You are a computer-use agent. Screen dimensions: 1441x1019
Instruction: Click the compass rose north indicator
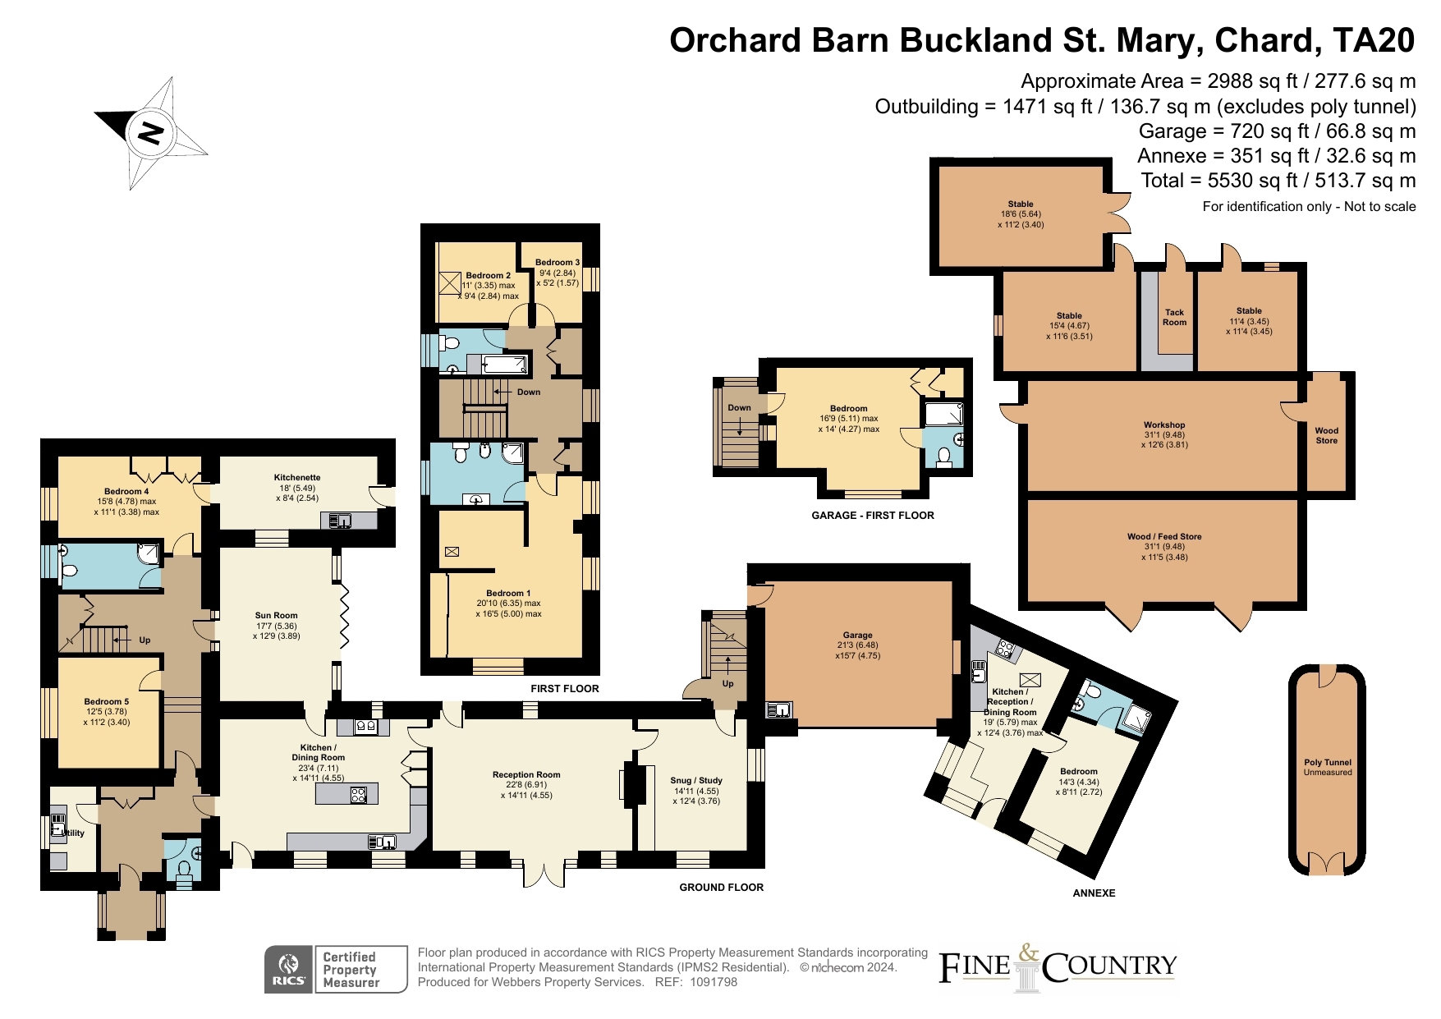(150, 132)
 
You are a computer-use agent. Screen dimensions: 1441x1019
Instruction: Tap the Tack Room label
(1174, 317)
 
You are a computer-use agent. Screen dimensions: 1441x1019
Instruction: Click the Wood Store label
(1326, 435)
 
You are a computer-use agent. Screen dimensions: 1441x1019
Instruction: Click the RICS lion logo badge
(288, 970)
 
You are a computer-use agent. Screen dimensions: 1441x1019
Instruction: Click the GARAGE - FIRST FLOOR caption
(872, 516)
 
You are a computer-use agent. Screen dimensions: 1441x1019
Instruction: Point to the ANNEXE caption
(1094, 893)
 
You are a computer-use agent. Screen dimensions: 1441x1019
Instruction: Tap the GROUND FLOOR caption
(721, 887)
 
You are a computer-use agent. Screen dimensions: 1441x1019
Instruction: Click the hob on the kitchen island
(359, 794)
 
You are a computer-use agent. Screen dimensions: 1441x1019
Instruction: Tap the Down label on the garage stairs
(739, 407)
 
